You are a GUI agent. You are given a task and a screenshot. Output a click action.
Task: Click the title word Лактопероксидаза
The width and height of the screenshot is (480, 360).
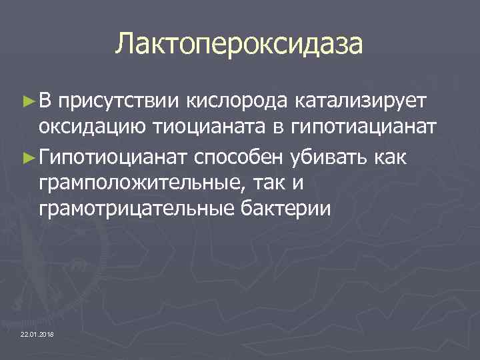coord(239,44)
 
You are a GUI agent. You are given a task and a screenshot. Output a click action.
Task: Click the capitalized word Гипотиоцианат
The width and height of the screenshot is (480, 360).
coord(114,156)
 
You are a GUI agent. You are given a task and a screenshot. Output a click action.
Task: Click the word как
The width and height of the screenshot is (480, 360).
coord(396,156)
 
